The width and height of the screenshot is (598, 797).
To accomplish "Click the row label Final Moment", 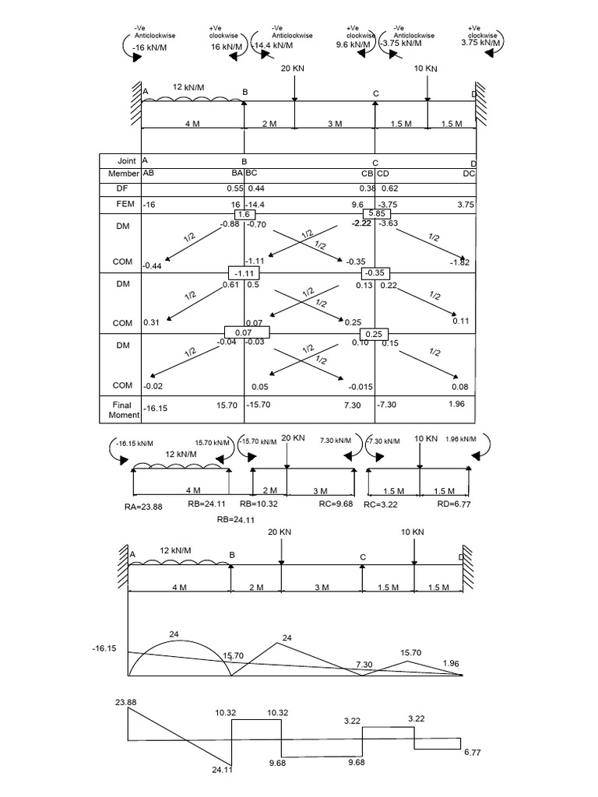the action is [121, 409].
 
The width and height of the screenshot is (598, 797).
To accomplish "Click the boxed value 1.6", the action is [244, 214].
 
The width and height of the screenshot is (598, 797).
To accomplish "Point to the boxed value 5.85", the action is [376, 214].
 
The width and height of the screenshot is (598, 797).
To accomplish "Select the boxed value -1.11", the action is [243, 273].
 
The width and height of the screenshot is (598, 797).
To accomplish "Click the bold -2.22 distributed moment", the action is [361, 223].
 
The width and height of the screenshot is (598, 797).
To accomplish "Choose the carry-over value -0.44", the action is [152, 266].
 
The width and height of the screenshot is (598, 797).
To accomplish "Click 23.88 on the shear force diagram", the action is [125, 703].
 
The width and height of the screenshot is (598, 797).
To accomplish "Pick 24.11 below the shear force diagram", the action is [223, 771].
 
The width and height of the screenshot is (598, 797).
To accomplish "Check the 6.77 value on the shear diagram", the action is [473, 753].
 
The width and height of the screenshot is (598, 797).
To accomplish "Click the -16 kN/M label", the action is [151, 47].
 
